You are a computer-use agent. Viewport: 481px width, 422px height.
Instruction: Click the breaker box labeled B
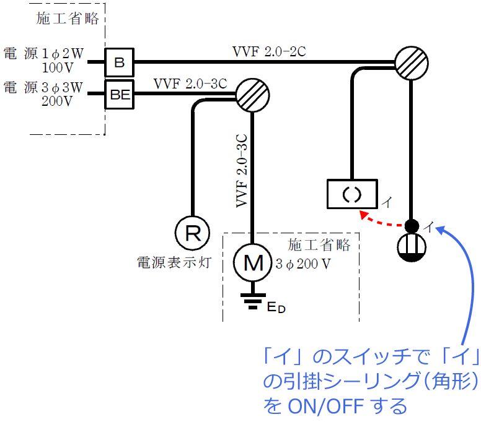click(120, 62)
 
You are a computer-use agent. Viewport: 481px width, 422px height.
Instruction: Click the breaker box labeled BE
click(120, 94)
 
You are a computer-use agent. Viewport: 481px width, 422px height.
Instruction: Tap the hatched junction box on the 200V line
click(252, 95)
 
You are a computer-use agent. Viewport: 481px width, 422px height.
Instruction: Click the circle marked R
click(193, 233)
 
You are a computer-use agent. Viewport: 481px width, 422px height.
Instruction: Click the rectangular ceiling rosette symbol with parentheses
click(351, 193)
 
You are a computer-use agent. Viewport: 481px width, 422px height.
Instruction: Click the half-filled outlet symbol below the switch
click(412, 247)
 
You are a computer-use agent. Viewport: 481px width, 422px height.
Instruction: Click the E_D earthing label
click(275, 307)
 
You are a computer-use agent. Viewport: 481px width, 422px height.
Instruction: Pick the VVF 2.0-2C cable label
click(268, 51)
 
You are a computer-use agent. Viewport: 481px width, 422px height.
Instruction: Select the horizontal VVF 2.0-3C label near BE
click(190, 83)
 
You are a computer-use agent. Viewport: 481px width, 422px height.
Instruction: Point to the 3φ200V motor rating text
click(302, 262)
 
